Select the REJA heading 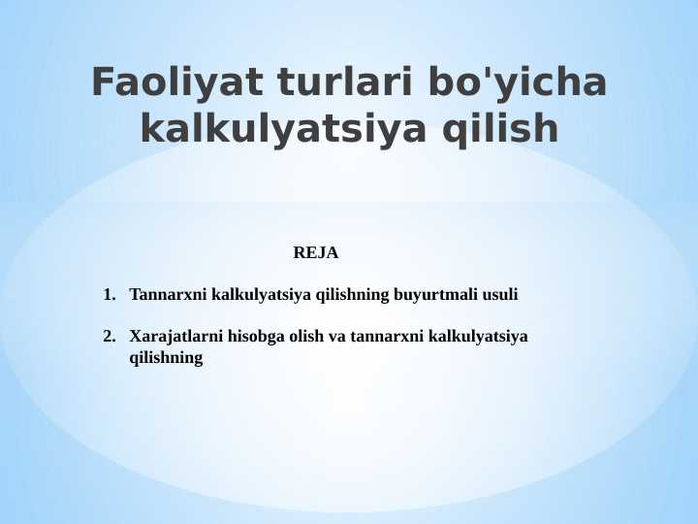click(x=315, y=253)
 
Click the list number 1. click(x=109, y=294)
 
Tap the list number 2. click(x=109, y=337)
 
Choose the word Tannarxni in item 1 click(x=169, y=294)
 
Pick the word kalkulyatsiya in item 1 click(x=256, y=294)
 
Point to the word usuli click(x=501, y=294)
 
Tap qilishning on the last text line click(x=166, y=358)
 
